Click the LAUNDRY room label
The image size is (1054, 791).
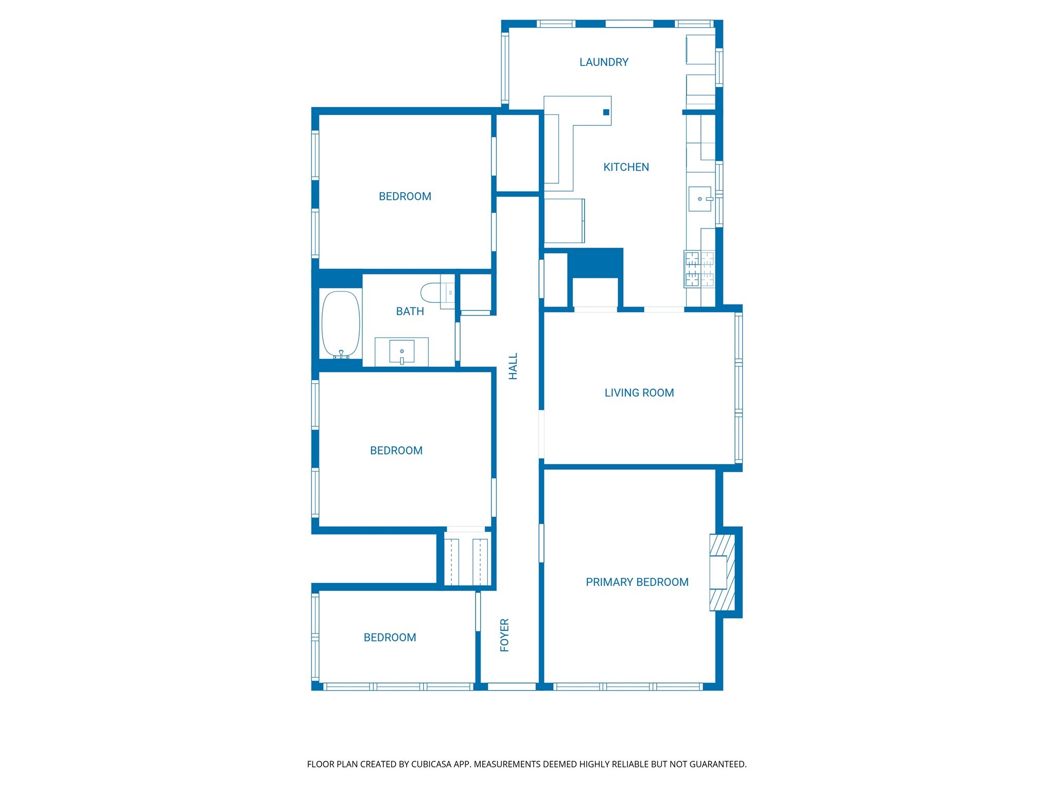coord(604,62)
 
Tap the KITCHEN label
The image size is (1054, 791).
coord(626,167)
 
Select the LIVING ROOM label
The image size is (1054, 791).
coord(639,393)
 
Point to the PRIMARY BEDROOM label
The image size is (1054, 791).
coord(637,582)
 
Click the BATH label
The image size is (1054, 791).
coord(410,312)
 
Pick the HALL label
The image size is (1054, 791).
coord(513,367)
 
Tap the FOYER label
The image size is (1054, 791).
coord(504,635)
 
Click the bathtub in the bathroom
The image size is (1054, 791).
coord(341,324)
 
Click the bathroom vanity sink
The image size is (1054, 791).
coord(401,352)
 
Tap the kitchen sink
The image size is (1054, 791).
coord(699,199)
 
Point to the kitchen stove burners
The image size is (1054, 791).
coord(699,269)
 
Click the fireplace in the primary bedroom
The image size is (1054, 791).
coord(722,572)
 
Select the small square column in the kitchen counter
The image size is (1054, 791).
coord(606,112)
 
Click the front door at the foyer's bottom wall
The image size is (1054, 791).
coord(512,686)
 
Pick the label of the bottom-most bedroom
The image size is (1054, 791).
coord(390,638)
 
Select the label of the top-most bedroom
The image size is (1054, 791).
coord(405,197)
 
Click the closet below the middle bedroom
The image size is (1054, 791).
coord(466,561)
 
